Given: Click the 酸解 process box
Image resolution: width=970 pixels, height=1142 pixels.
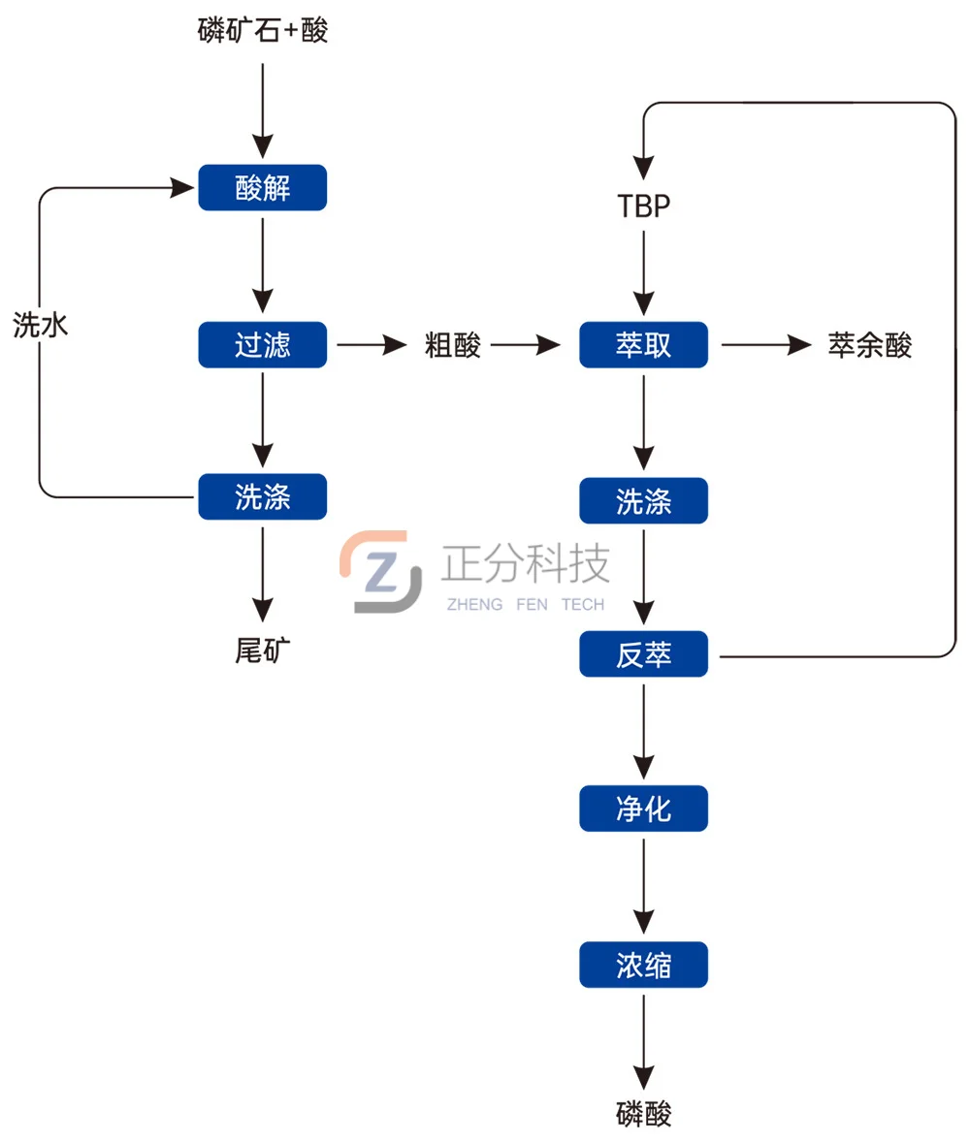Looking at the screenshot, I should (x=263, y=188).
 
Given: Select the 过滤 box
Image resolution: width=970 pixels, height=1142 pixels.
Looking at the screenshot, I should (x=263, y=344).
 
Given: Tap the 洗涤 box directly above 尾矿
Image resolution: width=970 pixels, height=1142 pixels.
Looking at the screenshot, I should (x=263, y=496).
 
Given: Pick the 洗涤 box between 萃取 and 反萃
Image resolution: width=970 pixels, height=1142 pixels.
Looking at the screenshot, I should (x=643, y=500).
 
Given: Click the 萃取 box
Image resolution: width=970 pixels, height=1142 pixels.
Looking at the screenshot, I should (x=643, y=344).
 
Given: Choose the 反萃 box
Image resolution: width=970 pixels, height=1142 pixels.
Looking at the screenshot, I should (x=643, y=655).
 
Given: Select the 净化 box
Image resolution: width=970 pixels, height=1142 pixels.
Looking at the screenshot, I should (x=643, y=809).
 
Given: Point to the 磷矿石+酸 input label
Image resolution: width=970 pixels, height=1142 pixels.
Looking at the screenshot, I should (x=263, y=31).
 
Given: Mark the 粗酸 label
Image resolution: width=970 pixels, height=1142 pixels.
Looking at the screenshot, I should (x=453, y=345).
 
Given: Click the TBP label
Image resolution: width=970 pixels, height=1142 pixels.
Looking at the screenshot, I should (x=643, y=206).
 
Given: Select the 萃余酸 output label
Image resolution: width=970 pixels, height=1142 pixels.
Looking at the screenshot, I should (x=869, y=345).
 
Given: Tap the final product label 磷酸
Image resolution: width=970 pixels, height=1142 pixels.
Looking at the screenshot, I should (x=643, y=1114).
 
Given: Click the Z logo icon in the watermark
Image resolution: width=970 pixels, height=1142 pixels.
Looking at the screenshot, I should (x=380, y=572).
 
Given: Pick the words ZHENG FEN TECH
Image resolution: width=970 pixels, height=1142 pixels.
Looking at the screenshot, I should (x=525, y=605).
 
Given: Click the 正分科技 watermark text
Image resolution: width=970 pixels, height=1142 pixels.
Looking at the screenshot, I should (x=525, y=563).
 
